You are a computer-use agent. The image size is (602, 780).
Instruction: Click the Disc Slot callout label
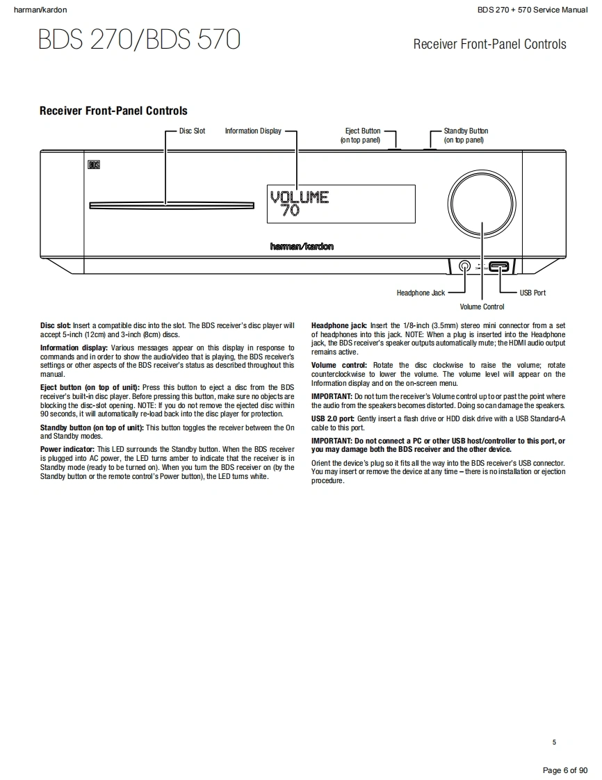(x=192, y=131)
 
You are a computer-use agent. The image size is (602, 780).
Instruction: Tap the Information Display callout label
(x=253, y=131)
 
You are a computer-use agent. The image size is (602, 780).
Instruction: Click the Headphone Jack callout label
(x=421, y=293)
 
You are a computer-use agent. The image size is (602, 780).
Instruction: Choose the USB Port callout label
(x=532, y=293)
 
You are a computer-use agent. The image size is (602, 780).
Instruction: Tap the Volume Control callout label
(x=482, y=307)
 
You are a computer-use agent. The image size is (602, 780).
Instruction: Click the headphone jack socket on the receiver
(x=464, y=266)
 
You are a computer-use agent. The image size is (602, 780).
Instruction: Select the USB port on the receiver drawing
(x=498, y=266)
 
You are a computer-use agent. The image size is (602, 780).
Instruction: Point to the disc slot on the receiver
(x=165, y=204)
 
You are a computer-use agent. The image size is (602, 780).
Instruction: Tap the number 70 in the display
(x=291, y=210)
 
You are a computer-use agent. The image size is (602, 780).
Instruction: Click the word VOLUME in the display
(x=299, y=197)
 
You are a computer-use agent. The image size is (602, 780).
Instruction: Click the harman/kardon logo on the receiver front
(x=302, y=246)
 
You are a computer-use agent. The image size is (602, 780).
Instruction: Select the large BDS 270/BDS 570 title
(x=140, y=40)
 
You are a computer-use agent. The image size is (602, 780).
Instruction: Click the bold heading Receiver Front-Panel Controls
(x=113, y=111)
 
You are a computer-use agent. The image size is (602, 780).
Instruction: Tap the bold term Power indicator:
(x=67, y=450)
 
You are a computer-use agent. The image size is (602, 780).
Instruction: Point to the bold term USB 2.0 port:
(x=332, y=419)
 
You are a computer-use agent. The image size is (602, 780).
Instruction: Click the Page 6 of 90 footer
(x=564, y=770)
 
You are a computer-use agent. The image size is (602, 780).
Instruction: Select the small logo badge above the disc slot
(x=95, y=165)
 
